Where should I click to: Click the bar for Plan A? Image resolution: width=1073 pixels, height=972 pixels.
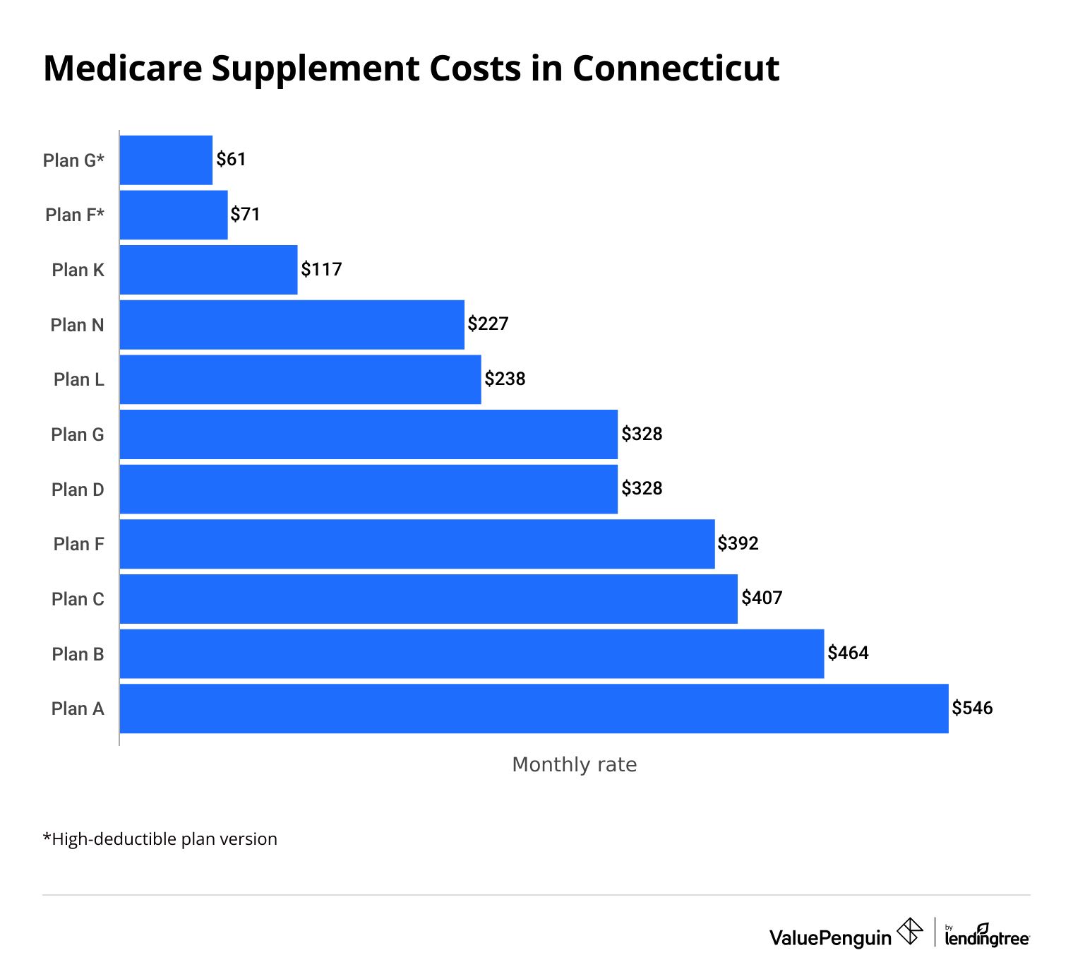click(x=534, y=709)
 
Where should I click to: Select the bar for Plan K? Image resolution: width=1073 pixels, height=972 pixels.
click(x=208, y=270)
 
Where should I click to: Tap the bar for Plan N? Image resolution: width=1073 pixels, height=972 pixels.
click(x=292, y=325)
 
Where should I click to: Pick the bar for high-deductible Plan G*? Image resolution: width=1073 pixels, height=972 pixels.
click(x=166, y=160)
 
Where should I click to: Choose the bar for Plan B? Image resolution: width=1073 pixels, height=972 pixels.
click(x=472, y=654)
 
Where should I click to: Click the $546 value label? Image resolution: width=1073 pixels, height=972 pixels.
click(x=972, y=708)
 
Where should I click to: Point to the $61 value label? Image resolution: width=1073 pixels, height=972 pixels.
click(x=231, y=160)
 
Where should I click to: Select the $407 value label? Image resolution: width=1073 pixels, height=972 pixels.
click(x=762, y=598)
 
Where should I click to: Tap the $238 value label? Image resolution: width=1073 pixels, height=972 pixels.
click(x=505, y=379)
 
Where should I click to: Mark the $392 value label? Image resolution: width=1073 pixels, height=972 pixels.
click(x=738, y=543)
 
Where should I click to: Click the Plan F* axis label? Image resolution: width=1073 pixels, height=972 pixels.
click(x=75, y=215)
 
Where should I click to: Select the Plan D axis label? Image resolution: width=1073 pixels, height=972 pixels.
click(x=78, y=490)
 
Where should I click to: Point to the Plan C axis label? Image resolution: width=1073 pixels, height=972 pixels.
click(x=78, y=599)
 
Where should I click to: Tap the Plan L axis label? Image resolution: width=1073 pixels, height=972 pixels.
click(x=79, y=379)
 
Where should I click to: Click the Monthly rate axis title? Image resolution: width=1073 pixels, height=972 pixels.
click(x=574, y=764)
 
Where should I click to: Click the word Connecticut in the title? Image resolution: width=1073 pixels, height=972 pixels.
click(x=676, y=69)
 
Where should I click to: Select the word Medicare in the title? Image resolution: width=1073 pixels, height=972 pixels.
click(x=122, y=69)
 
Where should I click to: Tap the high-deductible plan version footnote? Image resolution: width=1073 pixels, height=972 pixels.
click(x=160, y=839)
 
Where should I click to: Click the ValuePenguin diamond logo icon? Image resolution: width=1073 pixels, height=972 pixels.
click(x=909, y=931)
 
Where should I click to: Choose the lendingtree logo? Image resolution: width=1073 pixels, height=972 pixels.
click(x=986, y=936)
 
